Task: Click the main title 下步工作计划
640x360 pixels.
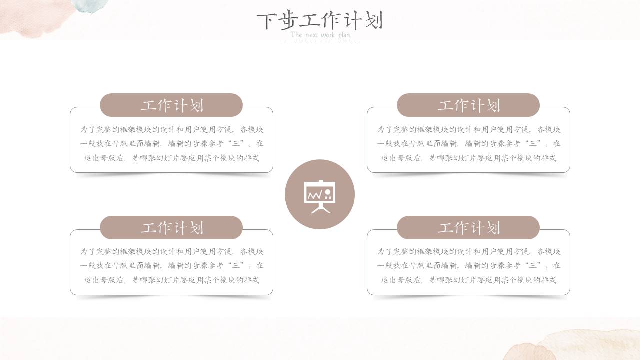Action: click(320, 21)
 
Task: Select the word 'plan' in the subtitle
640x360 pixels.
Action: click(344, 35)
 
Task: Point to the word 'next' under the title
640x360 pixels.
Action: click(312, 35)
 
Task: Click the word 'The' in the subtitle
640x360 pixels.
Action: click(296, 35)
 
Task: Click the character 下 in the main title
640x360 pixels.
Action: click(266, 21)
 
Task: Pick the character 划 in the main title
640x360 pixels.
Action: click(374, 21)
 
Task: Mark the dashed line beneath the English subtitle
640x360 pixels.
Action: click(320, 41)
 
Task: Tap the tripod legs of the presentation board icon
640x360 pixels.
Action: click(320, 208)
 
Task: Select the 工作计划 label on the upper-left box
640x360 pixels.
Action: click(171, 105)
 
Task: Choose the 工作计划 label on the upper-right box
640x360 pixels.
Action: click(468, 105)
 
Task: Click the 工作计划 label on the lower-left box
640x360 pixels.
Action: click(171, 228)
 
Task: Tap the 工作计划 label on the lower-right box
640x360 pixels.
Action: click(468, 228)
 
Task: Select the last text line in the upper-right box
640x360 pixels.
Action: click(468, 158)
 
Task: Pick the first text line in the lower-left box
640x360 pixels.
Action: click(171, 251)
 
